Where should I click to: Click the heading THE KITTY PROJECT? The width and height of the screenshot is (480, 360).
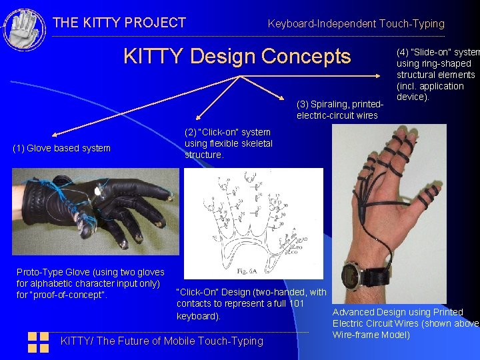(x=119, y=23)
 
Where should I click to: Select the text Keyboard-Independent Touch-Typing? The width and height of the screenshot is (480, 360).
(x=355, y=24)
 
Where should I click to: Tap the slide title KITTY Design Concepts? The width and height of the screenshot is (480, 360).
(x=237, y=56)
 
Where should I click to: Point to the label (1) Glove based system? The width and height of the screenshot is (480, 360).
(x=62, y=148)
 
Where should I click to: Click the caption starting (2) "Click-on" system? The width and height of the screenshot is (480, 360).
(x=228, y=143)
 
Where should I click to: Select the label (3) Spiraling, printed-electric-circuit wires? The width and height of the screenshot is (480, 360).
(x=340, y=110)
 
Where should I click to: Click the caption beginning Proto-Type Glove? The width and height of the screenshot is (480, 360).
(x=90, y=283)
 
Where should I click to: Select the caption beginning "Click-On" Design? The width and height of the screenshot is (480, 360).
(x=251, y=304)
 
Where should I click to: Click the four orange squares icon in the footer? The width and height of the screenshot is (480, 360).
(x=38, y=342)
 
